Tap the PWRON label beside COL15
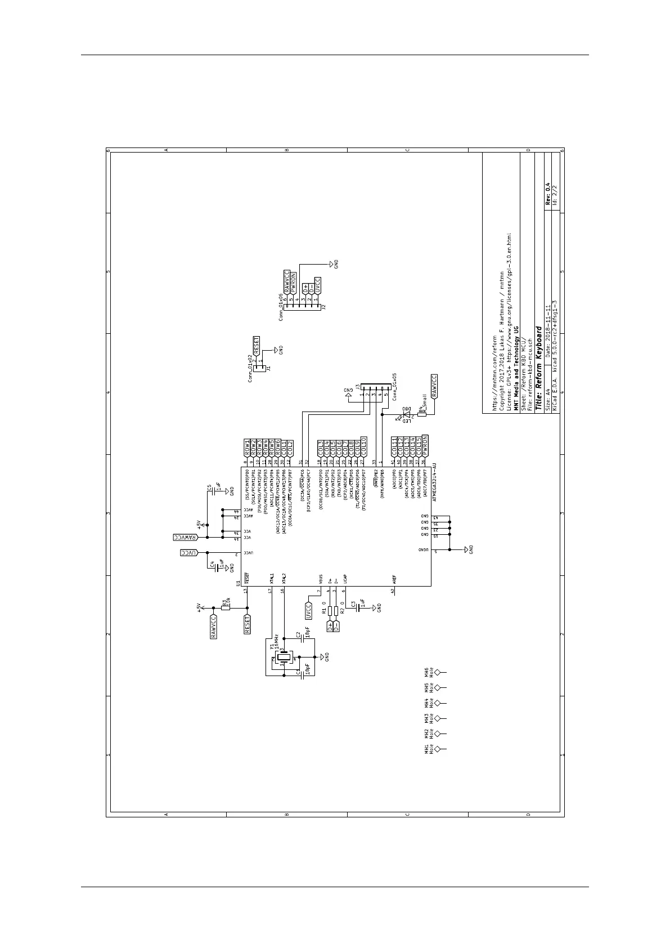tap(425, 444)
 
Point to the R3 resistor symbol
tap(226, 608)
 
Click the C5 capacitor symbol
tap(214, 491)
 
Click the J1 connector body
tap(260, 369)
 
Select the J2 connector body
tap(303, 307)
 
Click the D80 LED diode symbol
tap(406, 415)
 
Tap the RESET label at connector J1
tap(257, 345)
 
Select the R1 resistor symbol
tap(330, 611)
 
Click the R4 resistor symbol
tap(421, 415)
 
